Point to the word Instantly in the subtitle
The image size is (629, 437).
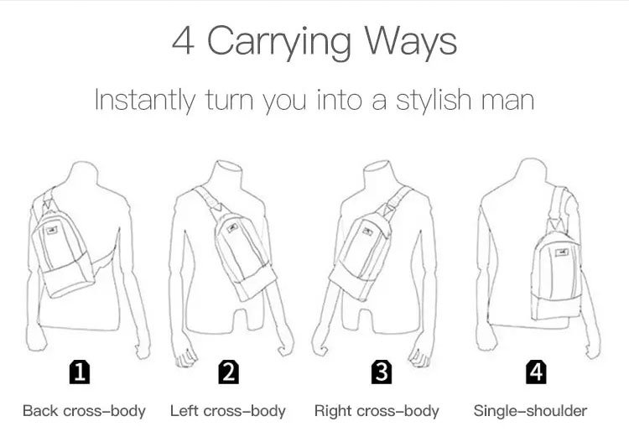[145, 101]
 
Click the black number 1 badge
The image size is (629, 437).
[80, 372]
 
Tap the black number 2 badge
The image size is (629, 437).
[229, 372]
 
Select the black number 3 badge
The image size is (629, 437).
[381, 372]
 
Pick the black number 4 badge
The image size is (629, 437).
[536, 372]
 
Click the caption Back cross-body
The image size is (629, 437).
[84, 411]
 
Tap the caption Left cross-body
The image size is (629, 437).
[228, 411]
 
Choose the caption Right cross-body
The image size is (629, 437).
[377, 411]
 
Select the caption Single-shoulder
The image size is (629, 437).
[530, 411]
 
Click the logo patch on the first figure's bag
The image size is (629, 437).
[52, 230]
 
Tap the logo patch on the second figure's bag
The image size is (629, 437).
[232, 228]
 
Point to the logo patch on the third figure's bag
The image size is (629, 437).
[367, 232]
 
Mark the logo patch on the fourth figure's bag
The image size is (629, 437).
[562, 252]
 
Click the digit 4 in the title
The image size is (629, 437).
[184, 40]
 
